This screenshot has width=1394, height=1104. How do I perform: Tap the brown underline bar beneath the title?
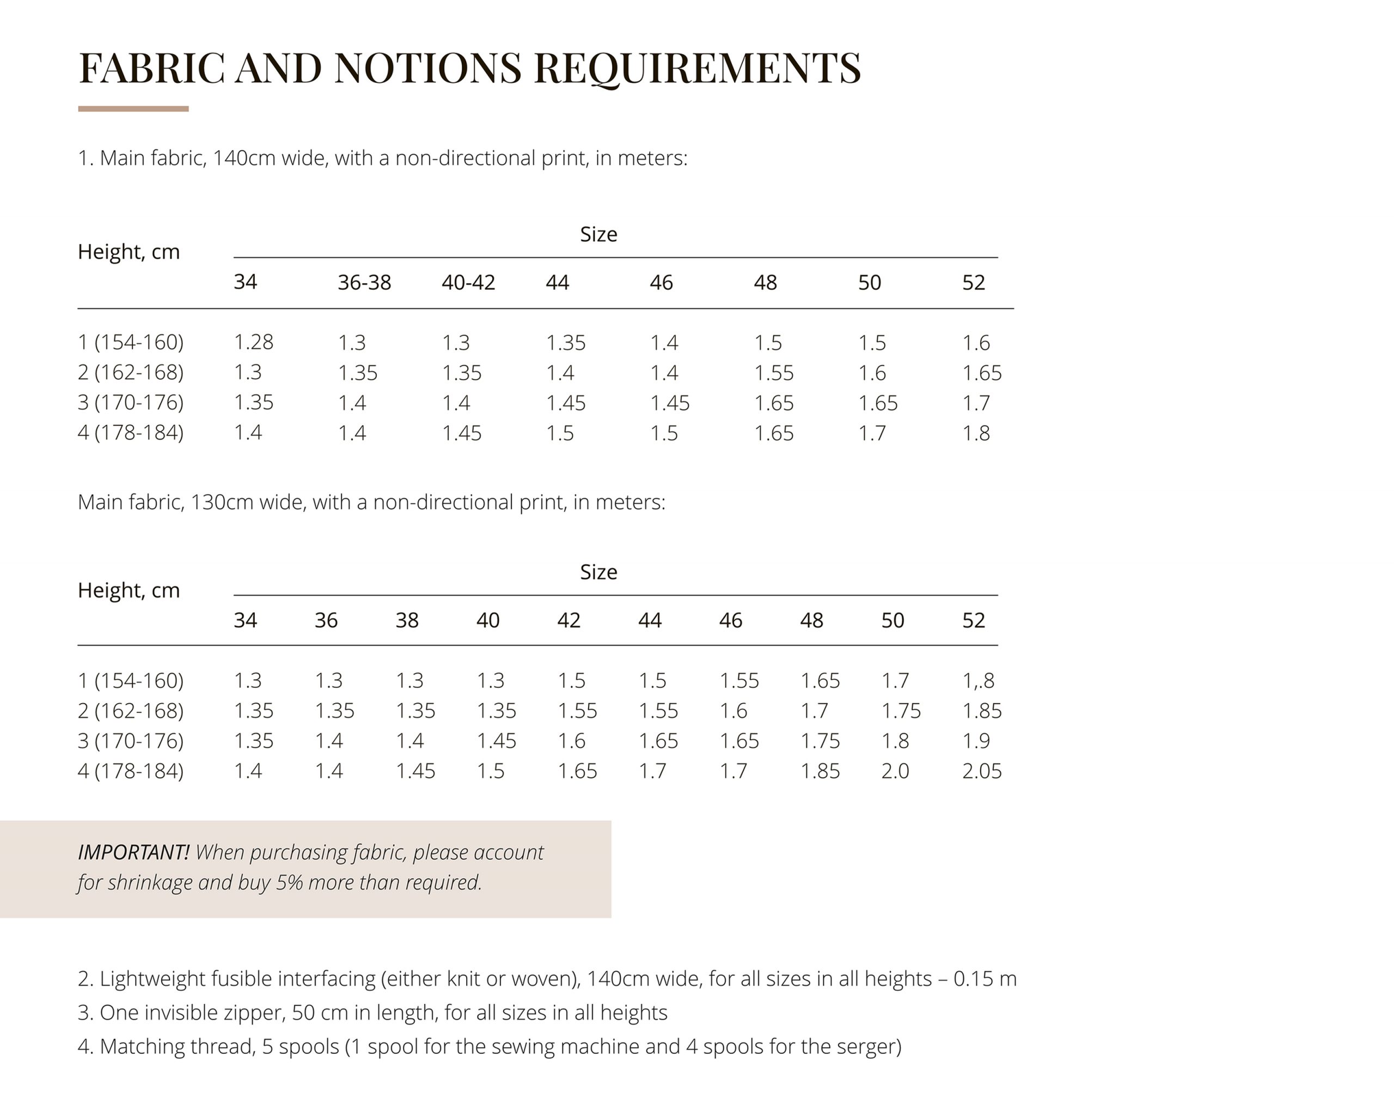pyautogui.click(x=133, y=108)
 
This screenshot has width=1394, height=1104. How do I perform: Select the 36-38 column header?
pyautogui.click(x=364, y=283)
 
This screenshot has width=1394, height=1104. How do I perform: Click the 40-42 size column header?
pyautogui.click(x=468, y=283)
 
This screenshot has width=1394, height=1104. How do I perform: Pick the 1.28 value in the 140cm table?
pyautogui.click(x=253, y=342)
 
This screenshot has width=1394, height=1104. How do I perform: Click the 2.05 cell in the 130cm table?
pyautogui.click(x=981, y=771)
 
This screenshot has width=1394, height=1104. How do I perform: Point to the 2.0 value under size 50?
pyautogui.click(x=895, y=771)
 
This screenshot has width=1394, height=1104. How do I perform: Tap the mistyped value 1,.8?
pyautogui.click(x=978, y=681)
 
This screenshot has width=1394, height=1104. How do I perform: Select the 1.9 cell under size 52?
pyautogui.click(x=975, y=741)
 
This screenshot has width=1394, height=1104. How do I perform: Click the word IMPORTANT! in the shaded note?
pyautogui.click(x=133, y=852)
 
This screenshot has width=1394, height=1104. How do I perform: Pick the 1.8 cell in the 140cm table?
pyautogui.click(x=975, y=433)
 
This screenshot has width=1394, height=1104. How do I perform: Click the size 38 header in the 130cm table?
pyautogui.click(x=407, y=620)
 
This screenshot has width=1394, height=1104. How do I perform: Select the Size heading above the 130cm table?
pyautogui.click(x=598, y=572)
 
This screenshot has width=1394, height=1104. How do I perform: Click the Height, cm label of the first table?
pyautogui.click(x=129, y=252)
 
